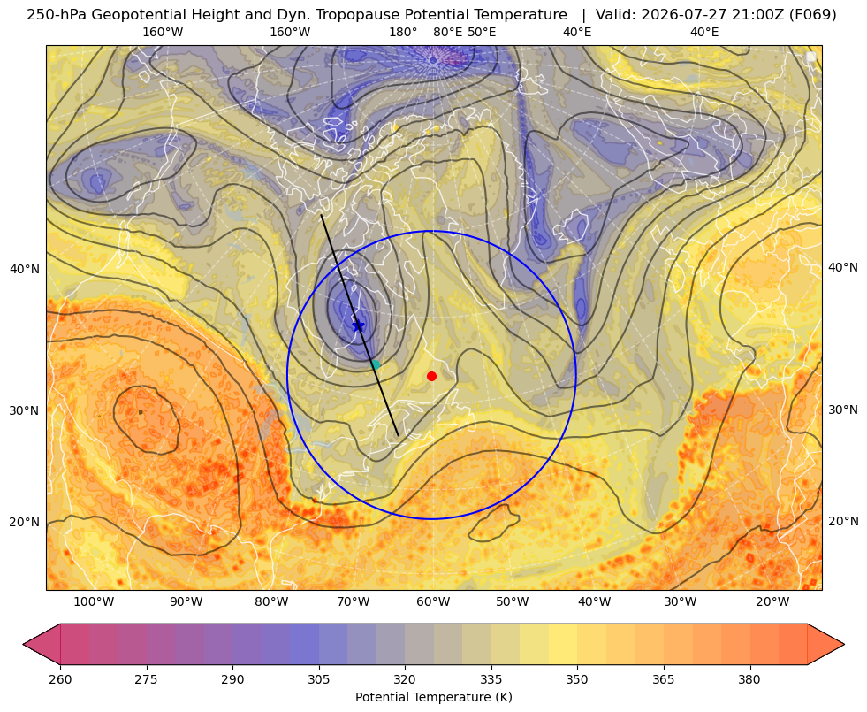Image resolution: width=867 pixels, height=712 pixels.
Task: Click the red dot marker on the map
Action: tap(432, 376)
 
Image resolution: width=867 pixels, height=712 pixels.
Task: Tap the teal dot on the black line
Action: tap(376, 364)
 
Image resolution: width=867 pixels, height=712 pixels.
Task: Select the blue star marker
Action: tap(358, 325)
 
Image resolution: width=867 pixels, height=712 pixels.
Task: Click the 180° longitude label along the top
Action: tap(403, 32)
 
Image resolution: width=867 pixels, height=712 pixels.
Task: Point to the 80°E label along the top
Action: tap(448, 32)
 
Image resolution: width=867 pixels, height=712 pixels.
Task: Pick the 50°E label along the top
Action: tap(482, 32)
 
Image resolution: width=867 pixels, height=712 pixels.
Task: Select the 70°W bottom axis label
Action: tap(353, 602)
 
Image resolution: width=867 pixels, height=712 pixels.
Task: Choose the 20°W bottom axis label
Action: tap(772, 602)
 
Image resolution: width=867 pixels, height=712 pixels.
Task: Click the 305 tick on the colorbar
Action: tap(318, 679)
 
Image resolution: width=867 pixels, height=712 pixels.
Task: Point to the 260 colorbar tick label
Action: tap(60, 679)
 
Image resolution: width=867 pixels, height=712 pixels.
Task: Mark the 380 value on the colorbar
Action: tap(749, 679)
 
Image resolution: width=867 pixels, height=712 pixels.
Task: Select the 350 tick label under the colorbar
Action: tap(577, 679)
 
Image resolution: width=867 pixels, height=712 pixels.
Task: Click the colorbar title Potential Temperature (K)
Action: tap(433, 697)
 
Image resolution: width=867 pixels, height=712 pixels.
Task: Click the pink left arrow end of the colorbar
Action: tap(42, 644)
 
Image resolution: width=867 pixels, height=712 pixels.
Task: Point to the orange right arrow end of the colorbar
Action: tap(825, 644)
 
